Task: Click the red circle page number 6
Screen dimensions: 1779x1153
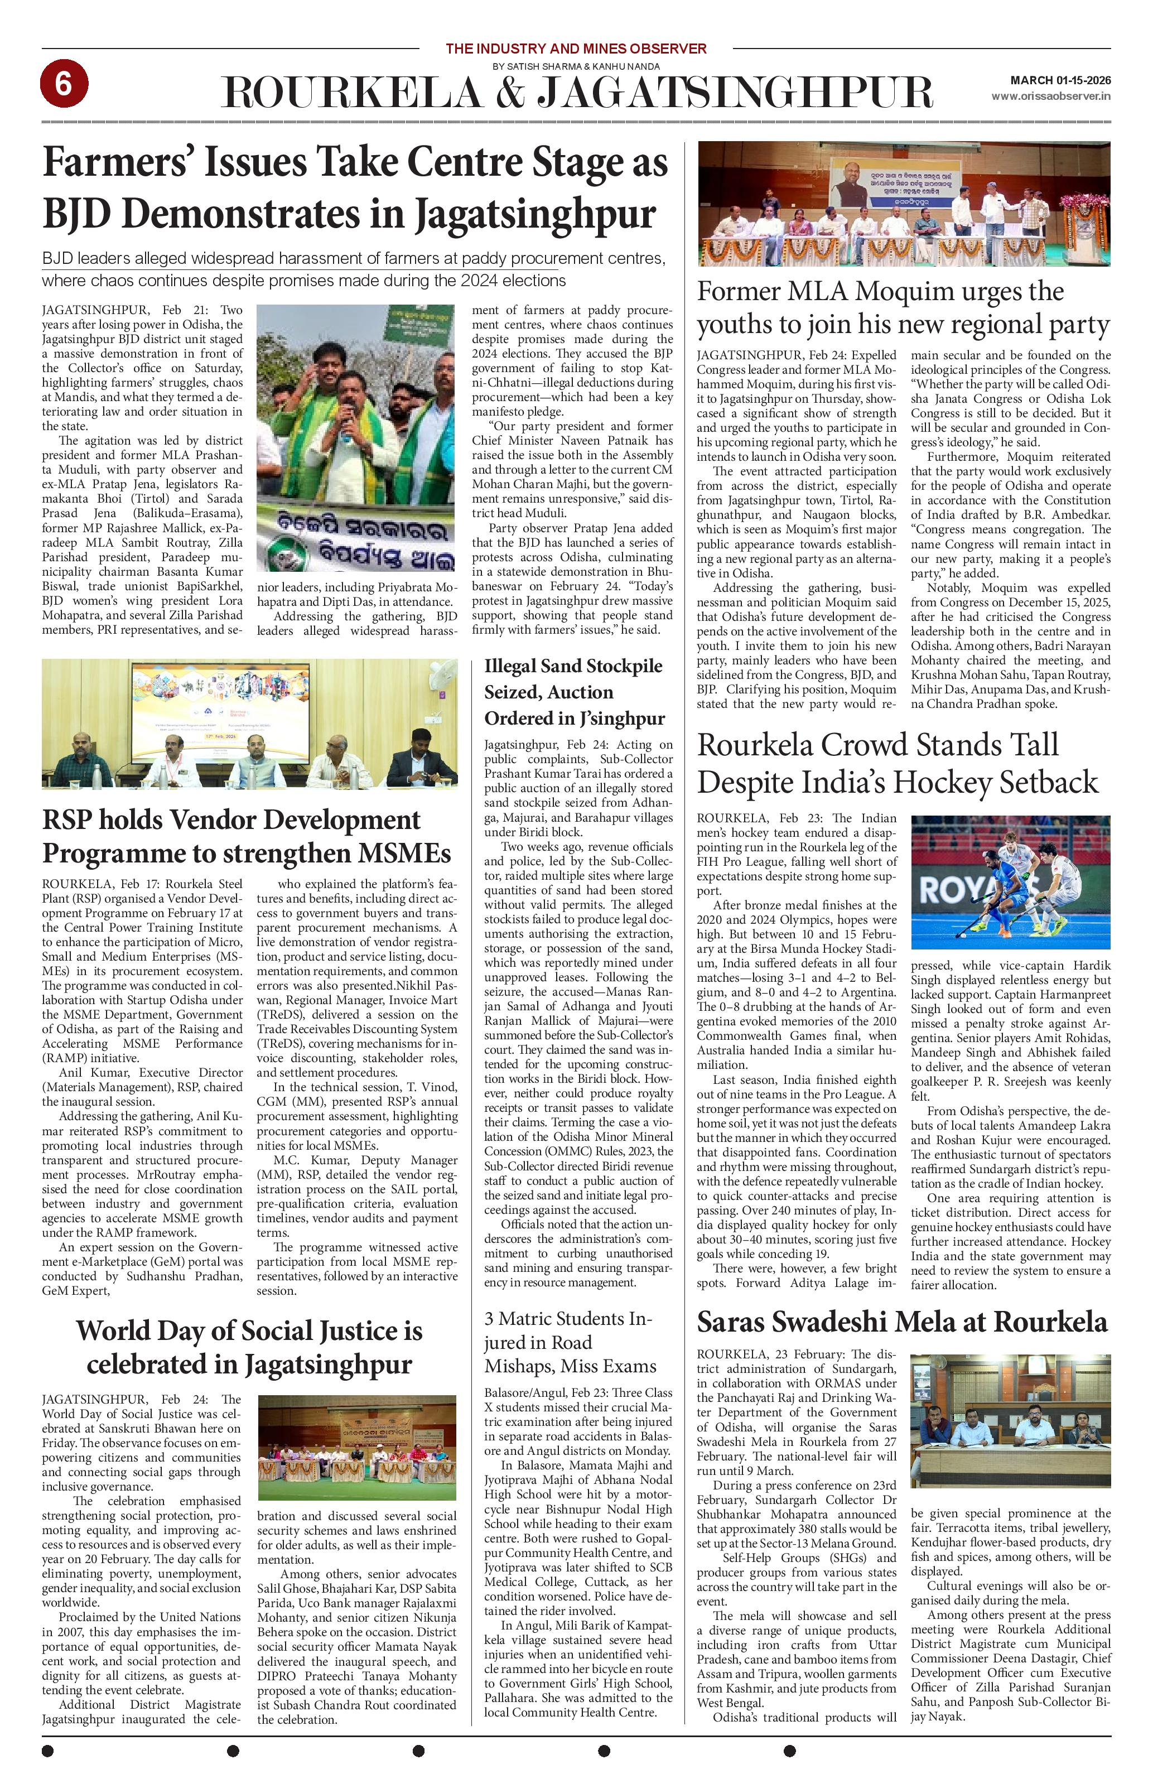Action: [x=64, y=84]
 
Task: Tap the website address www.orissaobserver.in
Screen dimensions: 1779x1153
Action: [x=1050, y=96]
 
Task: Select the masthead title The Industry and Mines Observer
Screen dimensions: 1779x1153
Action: [x=575, y=49]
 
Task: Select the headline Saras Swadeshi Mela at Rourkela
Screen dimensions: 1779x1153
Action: [x=901, y=1322]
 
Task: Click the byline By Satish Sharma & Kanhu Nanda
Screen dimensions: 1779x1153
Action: [x=575, y=66]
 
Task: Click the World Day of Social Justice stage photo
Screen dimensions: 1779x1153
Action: [x=356, y=1447]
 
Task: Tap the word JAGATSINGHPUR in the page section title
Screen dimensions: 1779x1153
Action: [x=736, y=93]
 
